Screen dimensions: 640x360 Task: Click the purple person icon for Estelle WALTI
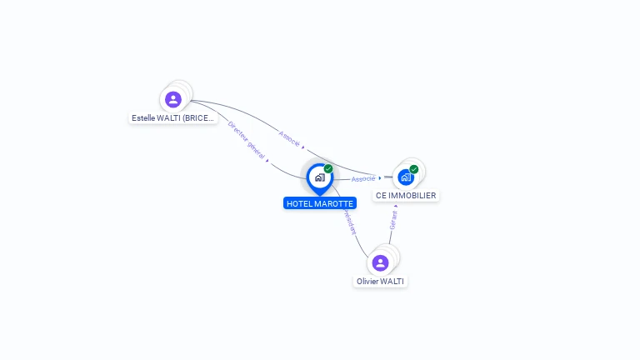click(x=173, y=100)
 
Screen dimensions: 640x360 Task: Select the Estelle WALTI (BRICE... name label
click(x=173, y=118)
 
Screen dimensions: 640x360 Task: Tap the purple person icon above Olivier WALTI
click(x=381, y=263)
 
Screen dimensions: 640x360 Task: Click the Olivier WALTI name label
click(x=380, y=282)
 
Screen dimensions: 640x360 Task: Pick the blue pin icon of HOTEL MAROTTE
click(x=319, y=178)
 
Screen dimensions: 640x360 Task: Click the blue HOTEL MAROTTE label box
click(x=320, y=203)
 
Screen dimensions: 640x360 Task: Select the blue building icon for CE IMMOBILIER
click(x=406, y=177)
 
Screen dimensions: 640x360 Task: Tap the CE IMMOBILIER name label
click(x=406, y=196)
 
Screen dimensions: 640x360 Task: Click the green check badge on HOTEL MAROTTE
click(x=328, y=169)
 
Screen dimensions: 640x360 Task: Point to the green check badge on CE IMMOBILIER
click(x=414, y=169)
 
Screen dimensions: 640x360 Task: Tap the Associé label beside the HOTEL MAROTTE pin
click(x=363, y=178)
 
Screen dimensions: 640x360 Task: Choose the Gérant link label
click(x=393, y=219)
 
